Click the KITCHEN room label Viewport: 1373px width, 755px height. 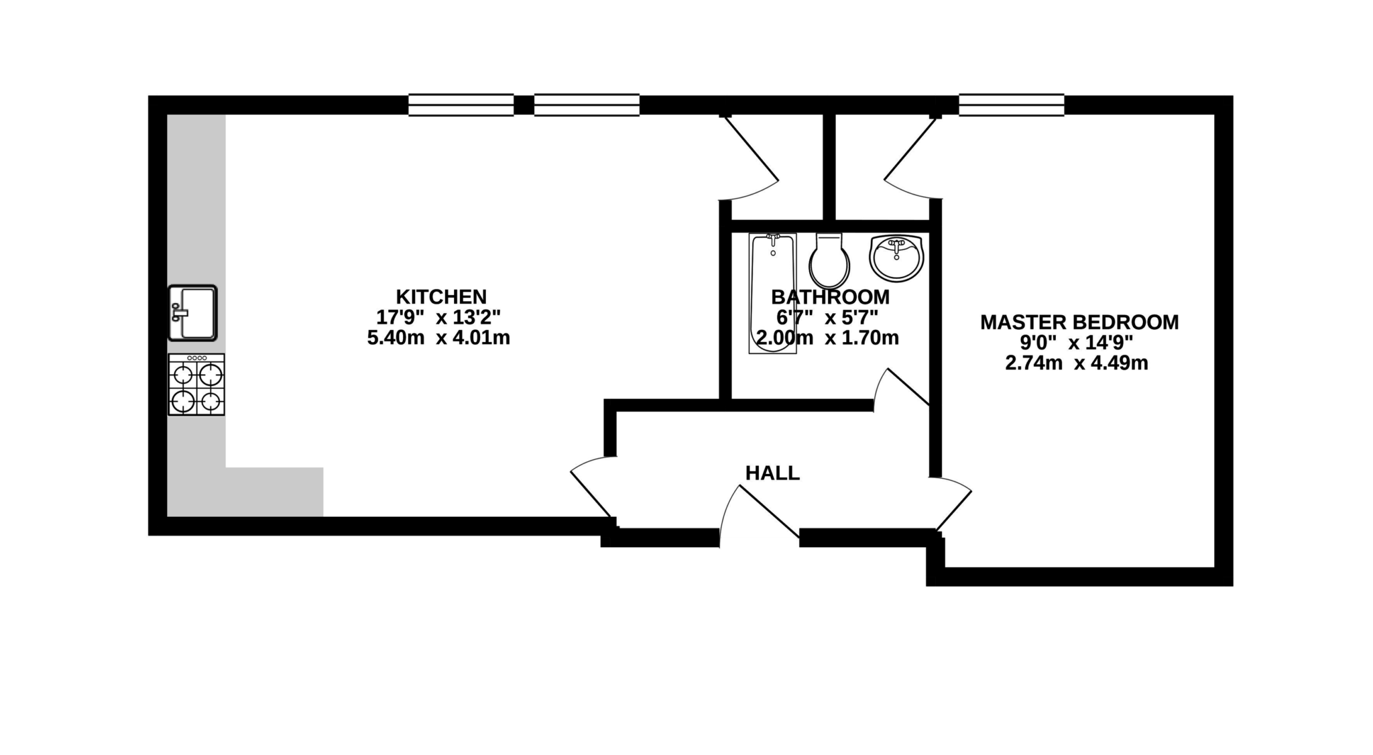[440, 296]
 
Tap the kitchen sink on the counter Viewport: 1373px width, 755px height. [192, 312]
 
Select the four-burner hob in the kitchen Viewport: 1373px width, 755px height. [196, 385]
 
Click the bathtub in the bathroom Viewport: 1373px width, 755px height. [772, 293]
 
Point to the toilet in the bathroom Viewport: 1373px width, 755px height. [829, 262]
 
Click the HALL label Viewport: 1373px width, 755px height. [772, 473]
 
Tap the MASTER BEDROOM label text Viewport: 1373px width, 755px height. [1079, 322]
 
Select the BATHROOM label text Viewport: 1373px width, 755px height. [830, 296]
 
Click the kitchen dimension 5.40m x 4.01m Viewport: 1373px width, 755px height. [438, 338]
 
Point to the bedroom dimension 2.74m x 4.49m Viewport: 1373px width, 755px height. [1076, 363]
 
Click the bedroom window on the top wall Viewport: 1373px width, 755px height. [1011, 105]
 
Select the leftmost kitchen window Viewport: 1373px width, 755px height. [461, 105]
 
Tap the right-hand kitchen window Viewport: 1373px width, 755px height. [587, 105]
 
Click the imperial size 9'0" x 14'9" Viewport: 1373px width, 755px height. [1076, 343]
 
